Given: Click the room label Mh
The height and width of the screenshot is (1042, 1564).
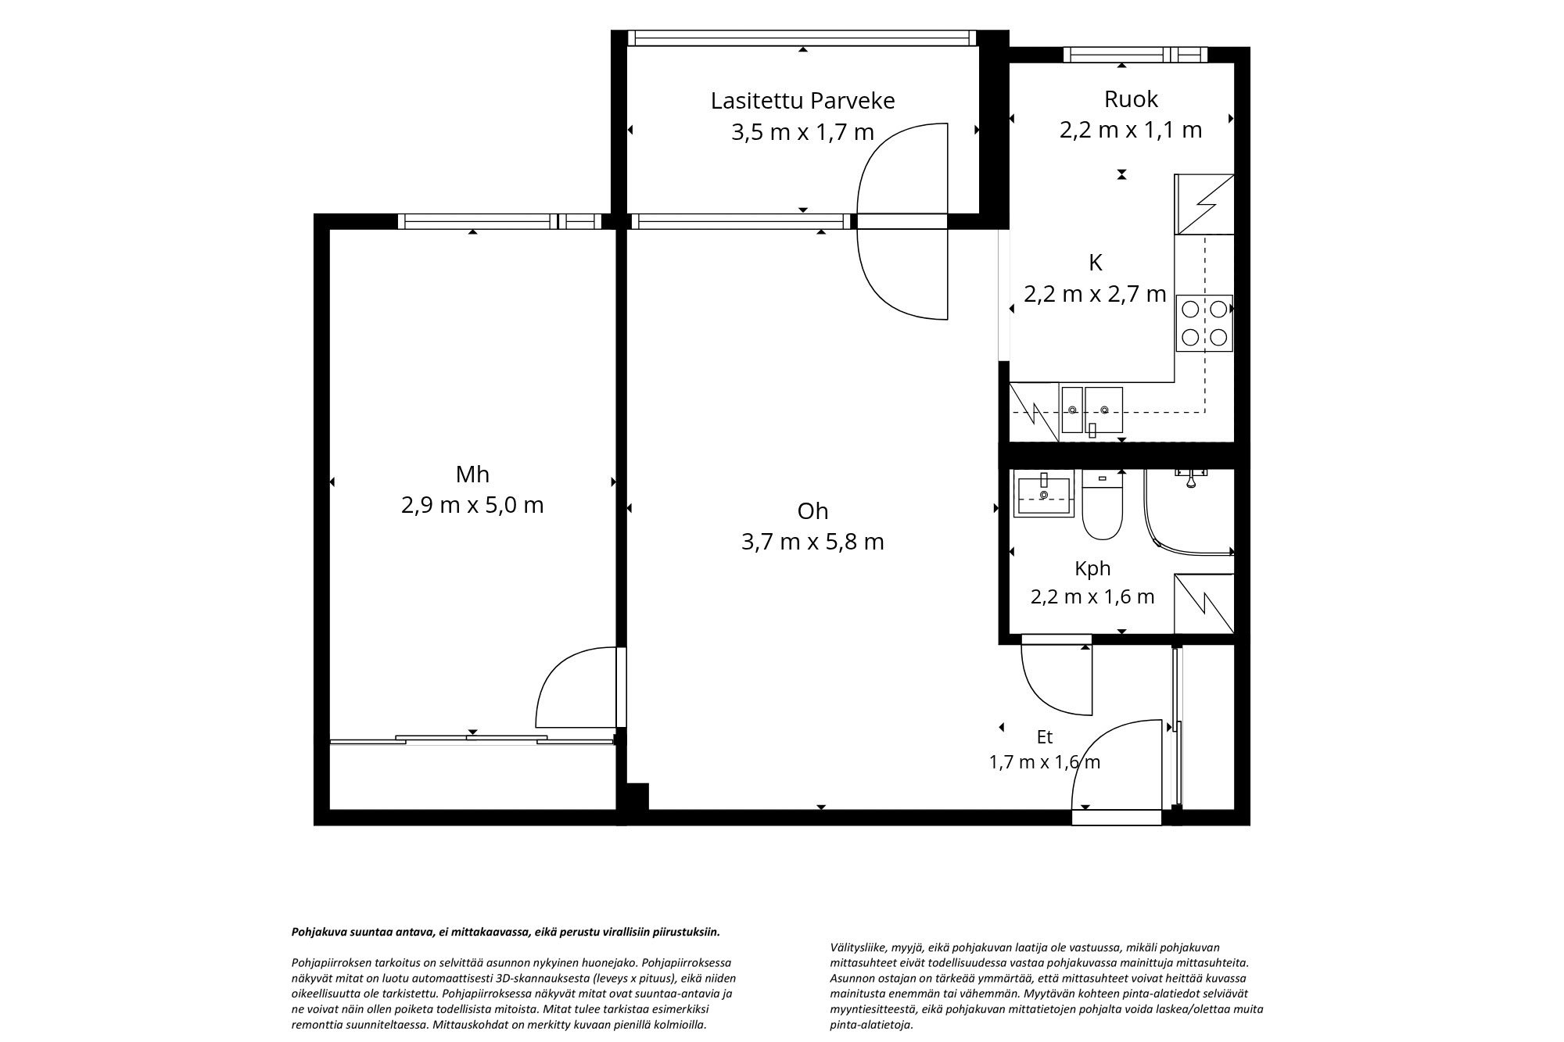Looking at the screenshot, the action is point(472,474).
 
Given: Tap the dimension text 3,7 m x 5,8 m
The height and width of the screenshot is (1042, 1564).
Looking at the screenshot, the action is point(812,542).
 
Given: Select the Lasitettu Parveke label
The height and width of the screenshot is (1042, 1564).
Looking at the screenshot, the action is point(802,101).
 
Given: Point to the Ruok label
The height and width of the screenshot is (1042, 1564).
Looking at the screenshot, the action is point(1131,99).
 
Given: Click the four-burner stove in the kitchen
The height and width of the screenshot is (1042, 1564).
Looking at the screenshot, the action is point(1204,324).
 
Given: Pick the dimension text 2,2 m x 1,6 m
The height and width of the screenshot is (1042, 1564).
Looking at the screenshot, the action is point(1092,597).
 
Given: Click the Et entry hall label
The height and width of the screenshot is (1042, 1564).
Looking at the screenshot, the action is point(1045,737).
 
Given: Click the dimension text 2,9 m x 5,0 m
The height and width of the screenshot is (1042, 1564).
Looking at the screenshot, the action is point(472,505).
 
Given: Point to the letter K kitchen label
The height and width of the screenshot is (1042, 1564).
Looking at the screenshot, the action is point(1095,263).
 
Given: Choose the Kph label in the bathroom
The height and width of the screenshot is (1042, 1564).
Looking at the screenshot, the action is point(1092,568).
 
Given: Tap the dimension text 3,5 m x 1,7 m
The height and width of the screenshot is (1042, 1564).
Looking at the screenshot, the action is point(802,132).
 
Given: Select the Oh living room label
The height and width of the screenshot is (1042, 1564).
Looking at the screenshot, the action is point(812,511).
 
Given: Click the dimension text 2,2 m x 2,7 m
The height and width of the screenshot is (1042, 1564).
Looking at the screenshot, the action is point(1095,294).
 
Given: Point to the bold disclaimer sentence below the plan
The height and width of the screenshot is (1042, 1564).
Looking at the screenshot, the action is point(505,932).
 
